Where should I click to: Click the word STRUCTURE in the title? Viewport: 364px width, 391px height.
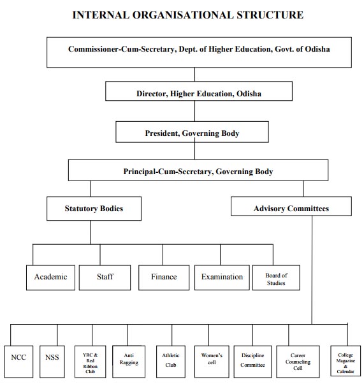point(270,15)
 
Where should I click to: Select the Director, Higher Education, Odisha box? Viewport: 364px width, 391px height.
point(199,91)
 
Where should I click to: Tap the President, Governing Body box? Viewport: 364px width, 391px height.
point(192,132)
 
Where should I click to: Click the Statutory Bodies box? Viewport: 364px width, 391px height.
point(94,209)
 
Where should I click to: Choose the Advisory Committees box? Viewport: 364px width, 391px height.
point(291,206)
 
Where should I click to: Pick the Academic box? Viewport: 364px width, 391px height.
point(50,277)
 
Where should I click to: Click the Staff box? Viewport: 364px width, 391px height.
point(105,277)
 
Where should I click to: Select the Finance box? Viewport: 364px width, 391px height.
point(164,277)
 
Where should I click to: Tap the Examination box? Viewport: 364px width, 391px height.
point(222,277)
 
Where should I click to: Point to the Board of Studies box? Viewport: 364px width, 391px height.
point(276,277)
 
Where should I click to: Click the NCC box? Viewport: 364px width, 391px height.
point(18,362)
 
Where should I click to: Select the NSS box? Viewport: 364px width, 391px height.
point(52,362)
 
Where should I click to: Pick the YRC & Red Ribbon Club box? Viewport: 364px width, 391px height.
point(90,362)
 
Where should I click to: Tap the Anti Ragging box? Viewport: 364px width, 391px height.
point(129,362)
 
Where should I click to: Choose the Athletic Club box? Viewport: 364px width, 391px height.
point(171,362)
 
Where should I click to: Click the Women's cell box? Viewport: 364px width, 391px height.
point(212,362)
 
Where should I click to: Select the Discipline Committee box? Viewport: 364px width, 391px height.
point(252,362)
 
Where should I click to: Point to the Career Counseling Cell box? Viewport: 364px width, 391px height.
point(298,362)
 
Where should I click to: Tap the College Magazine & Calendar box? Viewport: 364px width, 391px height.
point(346,360)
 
